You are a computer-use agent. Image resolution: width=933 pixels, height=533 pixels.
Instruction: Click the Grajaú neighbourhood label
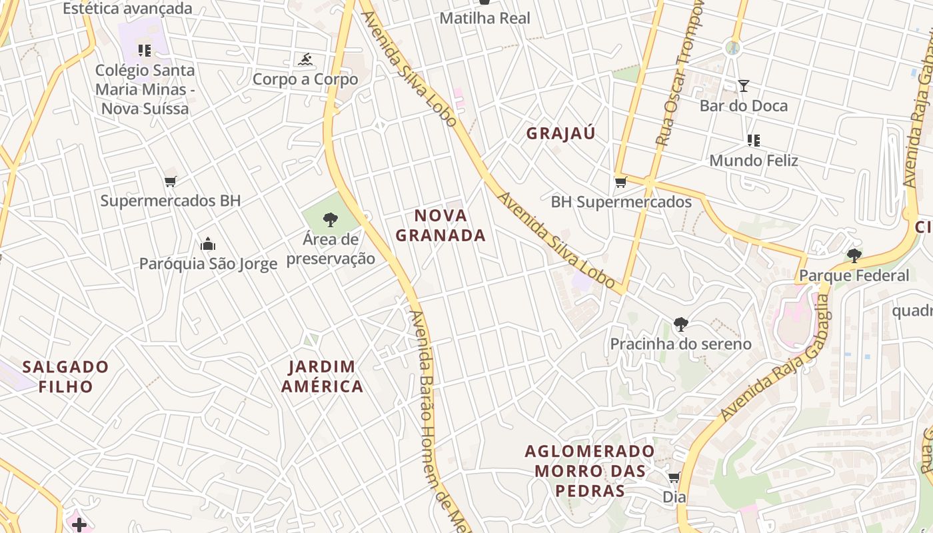point(560,133)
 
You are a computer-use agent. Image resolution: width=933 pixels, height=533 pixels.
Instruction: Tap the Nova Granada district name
point(441,225)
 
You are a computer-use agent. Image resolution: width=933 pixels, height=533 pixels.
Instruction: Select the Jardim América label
point(322,376)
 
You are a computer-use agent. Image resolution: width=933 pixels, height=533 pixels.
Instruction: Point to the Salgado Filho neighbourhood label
point(65,376)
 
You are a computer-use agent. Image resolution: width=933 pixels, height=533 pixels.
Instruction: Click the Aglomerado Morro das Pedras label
point(590,471)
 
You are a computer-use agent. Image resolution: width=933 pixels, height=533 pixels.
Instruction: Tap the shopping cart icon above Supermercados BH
point(171,181)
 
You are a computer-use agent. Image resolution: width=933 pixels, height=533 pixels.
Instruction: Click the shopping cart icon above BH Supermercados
point(620,182)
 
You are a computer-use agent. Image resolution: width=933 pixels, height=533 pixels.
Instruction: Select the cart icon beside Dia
point(674,477)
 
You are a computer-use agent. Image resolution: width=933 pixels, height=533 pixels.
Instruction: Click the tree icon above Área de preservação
point(330,219)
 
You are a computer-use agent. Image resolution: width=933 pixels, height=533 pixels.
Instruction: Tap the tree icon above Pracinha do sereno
point(680,324)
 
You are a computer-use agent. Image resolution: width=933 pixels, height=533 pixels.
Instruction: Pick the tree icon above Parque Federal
point(854,255)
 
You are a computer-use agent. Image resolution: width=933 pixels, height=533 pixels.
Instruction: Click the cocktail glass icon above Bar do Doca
point(744,85)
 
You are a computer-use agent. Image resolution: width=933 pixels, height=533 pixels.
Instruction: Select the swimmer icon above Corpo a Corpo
point(305,60)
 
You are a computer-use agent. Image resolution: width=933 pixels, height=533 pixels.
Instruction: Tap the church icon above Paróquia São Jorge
point(208,244)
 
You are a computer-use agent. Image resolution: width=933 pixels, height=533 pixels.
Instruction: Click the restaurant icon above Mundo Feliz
point(754,141)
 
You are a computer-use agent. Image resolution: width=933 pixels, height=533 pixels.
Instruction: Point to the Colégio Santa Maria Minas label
point(145,89)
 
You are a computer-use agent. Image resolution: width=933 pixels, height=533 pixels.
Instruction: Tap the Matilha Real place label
point(484,18)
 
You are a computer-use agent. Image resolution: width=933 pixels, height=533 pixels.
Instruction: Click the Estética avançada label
point(127,9)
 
